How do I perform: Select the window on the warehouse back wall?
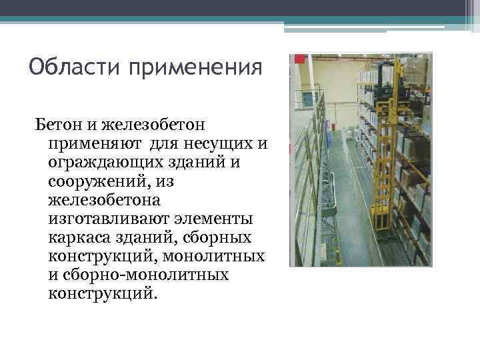309,99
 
